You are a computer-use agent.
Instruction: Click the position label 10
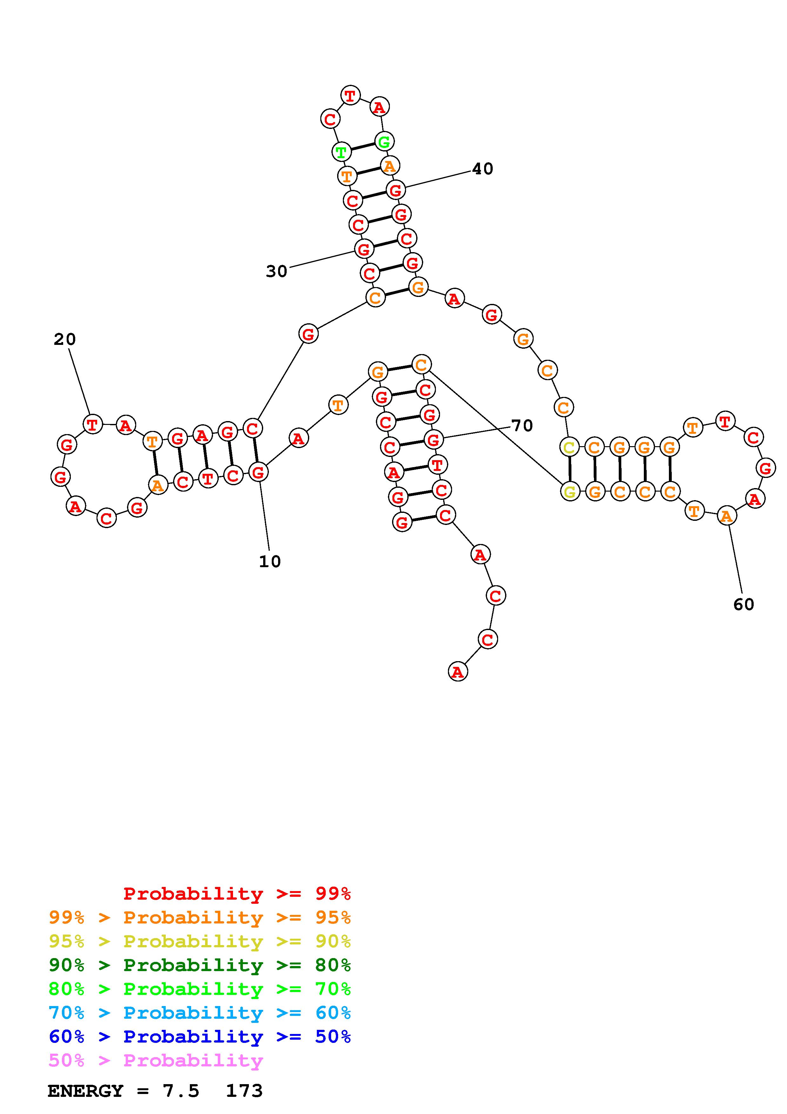point(270,561)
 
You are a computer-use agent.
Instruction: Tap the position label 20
point(64,339)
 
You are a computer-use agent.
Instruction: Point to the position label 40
point(483,169)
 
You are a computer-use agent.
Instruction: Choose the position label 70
point(522,426)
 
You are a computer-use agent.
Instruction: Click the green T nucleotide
point(341,152)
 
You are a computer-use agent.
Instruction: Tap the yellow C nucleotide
point(569,447)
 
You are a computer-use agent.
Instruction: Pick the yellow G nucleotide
point(570,492)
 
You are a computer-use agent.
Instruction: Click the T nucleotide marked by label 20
point(92,425)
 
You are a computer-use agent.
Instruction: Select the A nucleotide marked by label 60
point(726,516)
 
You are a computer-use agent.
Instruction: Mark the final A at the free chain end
point(458,672)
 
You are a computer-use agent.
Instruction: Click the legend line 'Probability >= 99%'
point(237,893)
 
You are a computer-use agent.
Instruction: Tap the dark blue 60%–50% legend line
point(199,1037)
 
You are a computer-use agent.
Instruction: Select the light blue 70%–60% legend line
point(199,1013)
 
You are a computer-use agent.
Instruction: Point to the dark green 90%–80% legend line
point(199,965)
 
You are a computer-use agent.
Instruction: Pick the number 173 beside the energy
point(244,1091)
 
